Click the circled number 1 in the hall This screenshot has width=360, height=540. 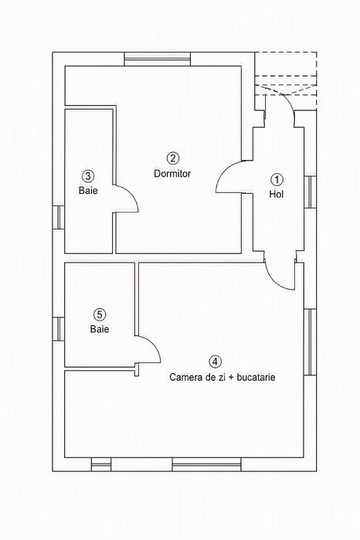click(x=277, y=179)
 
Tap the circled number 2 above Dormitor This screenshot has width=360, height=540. click(x=172, y=158)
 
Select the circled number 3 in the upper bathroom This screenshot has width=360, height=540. click(x=88, y=176)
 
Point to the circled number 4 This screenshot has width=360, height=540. click(x=216, y=362)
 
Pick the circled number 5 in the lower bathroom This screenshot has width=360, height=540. click(x=100, y=314)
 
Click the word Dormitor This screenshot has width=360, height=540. click(x=172, y=174)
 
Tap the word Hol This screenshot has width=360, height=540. click(x=277, y=194)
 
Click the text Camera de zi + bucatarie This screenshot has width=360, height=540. click(x=222, y=377)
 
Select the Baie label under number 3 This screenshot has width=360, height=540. click(x=88, y=191)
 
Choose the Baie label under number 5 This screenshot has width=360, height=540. click(x=100, y=329)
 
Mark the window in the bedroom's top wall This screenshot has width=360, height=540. click(x=157, y=59)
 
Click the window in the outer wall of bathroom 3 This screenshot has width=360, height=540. click(x=59, y=217)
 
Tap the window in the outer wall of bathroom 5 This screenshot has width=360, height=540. click(x=59, y=329)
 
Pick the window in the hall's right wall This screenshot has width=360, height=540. click(x=310, y=192)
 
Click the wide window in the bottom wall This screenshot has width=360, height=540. click(x=207, y=464)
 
